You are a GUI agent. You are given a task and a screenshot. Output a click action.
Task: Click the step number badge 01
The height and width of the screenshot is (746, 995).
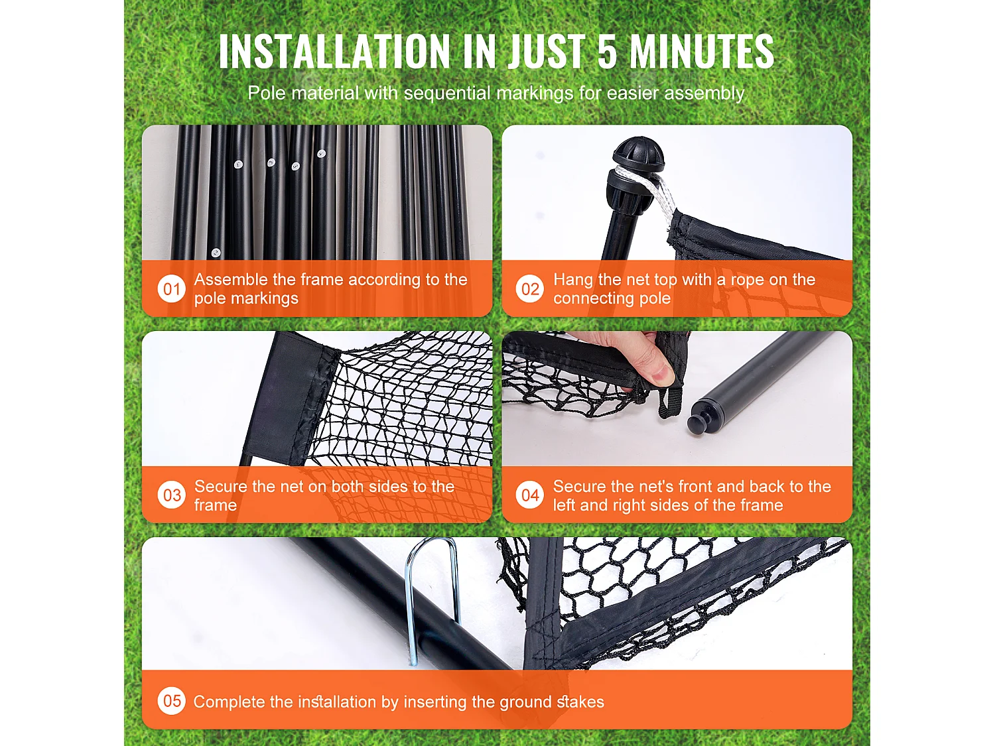171,288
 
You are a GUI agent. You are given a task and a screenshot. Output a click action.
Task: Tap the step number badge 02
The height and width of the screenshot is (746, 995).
529,288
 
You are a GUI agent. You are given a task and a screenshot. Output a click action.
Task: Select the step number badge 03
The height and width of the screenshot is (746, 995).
171,495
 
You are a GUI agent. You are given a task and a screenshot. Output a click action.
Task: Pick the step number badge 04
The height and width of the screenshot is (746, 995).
529,495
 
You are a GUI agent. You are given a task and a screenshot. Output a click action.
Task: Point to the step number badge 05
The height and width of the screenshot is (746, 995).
171,701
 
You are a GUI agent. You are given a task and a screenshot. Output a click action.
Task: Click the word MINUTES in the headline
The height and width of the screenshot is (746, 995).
702,51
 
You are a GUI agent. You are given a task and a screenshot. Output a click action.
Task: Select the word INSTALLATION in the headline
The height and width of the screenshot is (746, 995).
334,51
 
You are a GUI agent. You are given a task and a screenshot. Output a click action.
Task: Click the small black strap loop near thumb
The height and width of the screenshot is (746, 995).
670,403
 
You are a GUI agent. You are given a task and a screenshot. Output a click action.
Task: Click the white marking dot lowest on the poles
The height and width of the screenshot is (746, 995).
216,252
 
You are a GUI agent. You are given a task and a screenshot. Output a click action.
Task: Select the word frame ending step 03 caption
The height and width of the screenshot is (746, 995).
216,505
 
